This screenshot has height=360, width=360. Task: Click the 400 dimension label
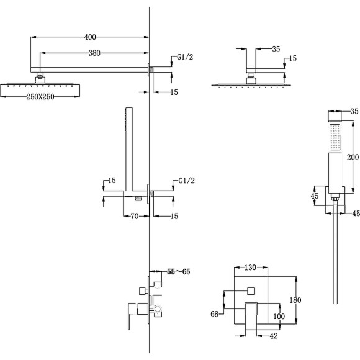[x=90, y=37]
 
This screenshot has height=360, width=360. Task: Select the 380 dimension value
[x=94, y=53]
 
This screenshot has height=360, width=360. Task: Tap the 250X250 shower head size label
[x=40, y=97]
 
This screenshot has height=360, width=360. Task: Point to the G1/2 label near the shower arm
[x=185, y=57]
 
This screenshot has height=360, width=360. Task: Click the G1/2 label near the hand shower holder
[x=187, y=181]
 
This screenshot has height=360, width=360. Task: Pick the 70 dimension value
[x=135, y=216]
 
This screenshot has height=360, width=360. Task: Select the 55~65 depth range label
[x=179, y=272]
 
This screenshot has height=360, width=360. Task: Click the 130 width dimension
[x=250, y=268]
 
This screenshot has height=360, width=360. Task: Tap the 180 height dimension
[x=295, y=300]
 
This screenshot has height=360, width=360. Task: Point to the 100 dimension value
[x=279, y=316]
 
